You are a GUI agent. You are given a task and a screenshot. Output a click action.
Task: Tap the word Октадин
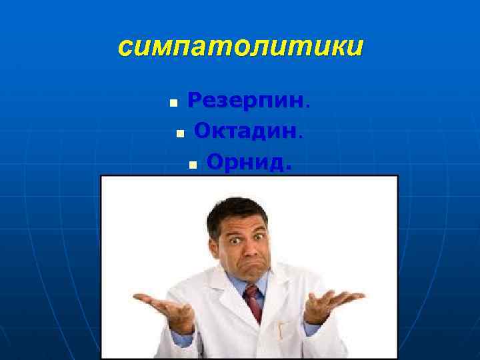click(x=245, y=131)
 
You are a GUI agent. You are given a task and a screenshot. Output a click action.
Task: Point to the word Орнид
click(x=245, y=161)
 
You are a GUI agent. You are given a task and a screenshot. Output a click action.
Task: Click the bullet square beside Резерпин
click(x=173, y=104)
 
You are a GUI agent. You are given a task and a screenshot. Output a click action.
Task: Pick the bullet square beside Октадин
click(x=179, y=134)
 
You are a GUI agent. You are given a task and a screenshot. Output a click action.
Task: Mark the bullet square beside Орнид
click(x=192, y=164)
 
